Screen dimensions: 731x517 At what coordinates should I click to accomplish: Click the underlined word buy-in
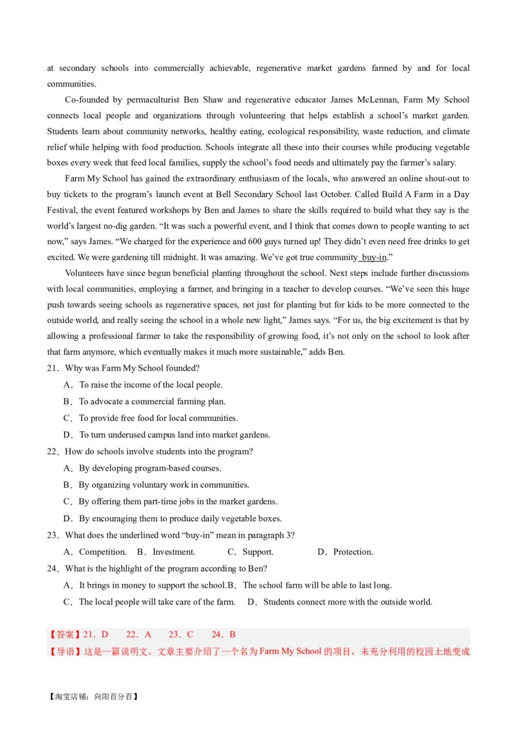tap(374, 257)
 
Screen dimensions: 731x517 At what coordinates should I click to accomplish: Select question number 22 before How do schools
tap(53, 451)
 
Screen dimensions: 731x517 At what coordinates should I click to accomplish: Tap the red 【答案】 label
tap(64, 635)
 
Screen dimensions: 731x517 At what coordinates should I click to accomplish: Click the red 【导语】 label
tap(64, 651)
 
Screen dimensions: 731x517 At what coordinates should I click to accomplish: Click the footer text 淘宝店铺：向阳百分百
tap(93, 697)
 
